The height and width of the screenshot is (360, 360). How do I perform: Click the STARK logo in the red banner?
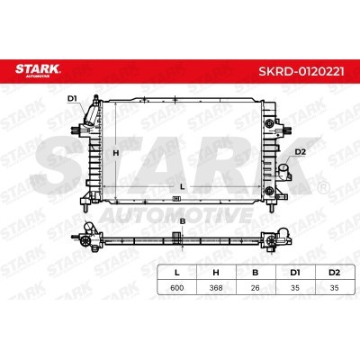click(38, 70)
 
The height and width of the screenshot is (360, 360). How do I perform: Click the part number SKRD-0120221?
click(301, 71)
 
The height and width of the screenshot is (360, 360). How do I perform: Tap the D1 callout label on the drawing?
click(72, 98)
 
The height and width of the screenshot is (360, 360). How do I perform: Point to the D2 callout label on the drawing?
click(300, 152)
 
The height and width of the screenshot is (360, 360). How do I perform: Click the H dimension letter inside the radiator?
click(116, 153)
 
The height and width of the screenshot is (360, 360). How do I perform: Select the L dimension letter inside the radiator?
click(182, 186)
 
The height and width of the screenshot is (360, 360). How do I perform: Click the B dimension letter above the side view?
click(183, 221)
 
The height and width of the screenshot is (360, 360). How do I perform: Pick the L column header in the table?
click(177, 273)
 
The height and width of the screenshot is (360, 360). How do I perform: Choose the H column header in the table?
click(216, 273)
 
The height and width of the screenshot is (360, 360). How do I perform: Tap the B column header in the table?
click(256, 273)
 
